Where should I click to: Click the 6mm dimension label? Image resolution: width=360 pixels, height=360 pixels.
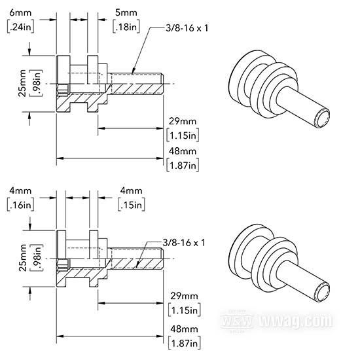click(20, 12)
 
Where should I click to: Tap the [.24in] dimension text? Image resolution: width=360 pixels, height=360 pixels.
click(21, 27)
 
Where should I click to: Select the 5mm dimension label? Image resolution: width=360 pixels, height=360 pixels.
click(126, 12)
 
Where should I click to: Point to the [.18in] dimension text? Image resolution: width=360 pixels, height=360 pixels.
click(126, 27)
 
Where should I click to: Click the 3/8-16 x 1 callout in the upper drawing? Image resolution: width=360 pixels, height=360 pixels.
click(187, 28)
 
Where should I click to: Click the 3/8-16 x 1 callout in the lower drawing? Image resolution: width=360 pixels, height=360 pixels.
click(184, 242)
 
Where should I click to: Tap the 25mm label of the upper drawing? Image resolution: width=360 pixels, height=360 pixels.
click(22, 83)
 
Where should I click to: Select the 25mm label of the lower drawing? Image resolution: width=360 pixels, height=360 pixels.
click(22, 258)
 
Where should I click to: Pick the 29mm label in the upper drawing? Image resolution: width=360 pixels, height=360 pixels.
click(183, 121)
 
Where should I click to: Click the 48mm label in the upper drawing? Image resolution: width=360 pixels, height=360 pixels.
click(183, 151)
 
